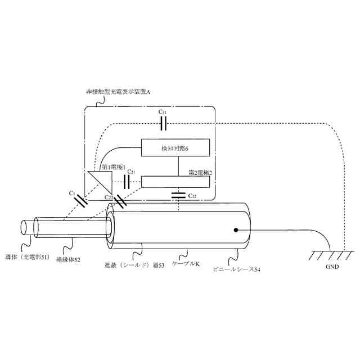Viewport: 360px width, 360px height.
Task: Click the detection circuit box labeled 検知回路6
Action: (x=176, y=147)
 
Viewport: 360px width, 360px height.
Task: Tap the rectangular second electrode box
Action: (x=176, y=182)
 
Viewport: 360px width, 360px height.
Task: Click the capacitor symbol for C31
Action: (x=164, y=123)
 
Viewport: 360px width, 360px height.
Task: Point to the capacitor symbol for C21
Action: (x=127, y=181)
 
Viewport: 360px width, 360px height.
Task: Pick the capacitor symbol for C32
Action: (x=179, y=196)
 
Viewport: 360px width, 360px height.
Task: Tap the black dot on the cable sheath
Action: (x=236, y=229)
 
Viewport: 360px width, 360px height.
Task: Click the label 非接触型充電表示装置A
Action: (x=118, y=92)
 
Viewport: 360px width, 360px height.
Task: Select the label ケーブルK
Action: (x=186, y=264)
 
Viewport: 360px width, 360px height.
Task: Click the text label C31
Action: (x=163, y=112)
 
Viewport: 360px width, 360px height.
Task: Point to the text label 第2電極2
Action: (x=200, y=173)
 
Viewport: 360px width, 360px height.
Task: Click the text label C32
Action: (x=192, y=196)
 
